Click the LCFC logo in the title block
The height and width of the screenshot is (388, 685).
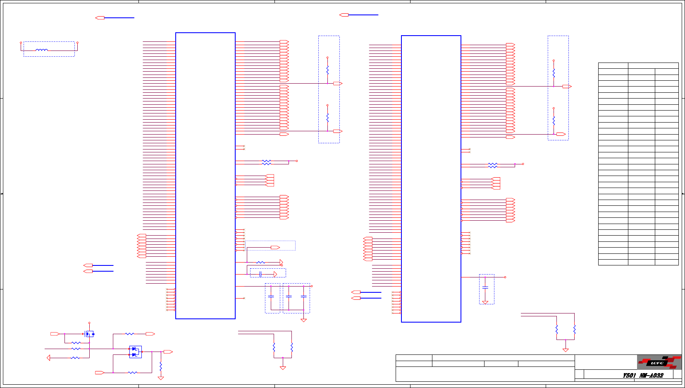tap(659, 362)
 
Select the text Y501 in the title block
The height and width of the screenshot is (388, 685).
tap(629, 376)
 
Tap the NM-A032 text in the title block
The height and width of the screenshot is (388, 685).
tap(652, 376)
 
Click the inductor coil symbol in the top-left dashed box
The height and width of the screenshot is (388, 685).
tap(42, 50)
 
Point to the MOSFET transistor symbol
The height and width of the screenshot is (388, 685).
tap(89, 334)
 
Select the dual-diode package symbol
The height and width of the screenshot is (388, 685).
tap(135, 352)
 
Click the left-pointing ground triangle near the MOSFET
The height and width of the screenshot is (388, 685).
tap(49, 358)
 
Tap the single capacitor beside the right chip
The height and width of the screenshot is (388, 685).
tap(485, 287)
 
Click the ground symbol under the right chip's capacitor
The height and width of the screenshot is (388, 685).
tap(485, 302)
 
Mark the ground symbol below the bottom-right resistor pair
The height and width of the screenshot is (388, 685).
tap(566, 350)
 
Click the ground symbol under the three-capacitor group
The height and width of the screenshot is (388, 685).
tap(303, 320)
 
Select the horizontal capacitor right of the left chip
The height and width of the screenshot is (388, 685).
tap(260, 274)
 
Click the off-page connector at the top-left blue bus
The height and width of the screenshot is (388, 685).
tap(100, 18)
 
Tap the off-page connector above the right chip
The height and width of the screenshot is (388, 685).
tap(344, 15)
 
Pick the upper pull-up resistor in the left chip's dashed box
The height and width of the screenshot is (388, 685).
tap(327, 70)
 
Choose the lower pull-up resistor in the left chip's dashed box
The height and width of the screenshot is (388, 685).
tap(327, 118)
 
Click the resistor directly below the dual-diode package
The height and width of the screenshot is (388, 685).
tap(161, 366)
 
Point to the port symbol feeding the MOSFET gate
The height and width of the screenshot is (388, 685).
tap(55, 334)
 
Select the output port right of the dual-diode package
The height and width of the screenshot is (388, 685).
tap(168, 352)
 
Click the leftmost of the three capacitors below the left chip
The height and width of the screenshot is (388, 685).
tap(271, 296)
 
